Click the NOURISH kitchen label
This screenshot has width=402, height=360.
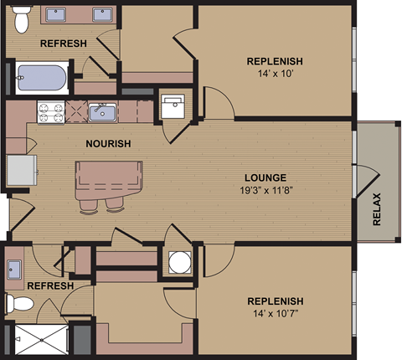coord(108,143)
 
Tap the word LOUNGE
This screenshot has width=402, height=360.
coord(265,177)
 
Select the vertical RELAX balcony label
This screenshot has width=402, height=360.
coord(376,210)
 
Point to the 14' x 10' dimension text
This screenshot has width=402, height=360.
coord(274,75)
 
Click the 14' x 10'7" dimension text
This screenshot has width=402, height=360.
coord(274,314)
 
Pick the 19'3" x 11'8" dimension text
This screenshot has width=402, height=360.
coord(265,190)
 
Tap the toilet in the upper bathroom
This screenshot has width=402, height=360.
coord(23,16)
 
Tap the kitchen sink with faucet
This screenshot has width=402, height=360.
coord(103,111)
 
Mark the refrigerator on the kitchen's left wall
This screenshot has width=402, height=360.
coord(22,171)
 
